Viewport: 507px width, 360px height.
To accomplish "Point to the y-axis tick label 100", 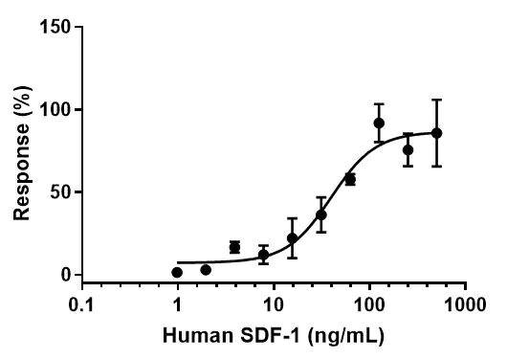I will point(56,110).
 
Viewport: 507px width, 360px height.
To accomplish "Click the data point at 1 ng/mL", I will point(177,273).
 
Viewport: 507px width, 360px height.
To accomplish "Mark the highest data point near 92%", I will point(379,123).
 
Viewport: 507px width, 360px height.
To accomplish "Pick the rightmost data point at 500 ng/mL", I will point(436,133).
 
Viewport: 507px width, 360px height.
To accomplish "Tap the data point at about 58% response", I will point(350,179).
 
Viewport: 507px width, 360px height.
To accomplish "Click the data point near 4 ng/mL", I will point(234,247).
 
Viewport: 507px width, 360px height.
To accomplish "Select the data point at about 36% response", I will point(321,214).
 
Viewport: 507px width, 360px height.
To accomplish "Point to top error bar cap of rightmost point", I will point(436,100).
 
